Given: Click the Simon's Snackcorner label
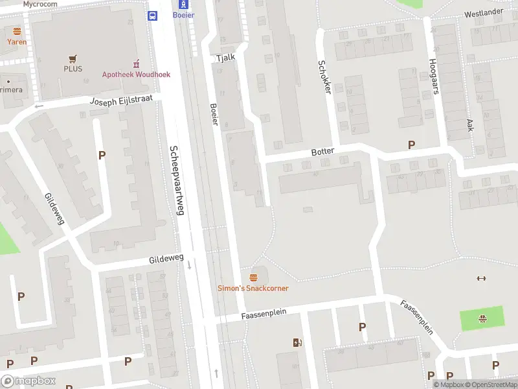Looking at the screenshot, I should (253, 289).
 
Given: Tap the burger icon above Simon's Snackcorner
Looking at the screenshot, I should (253, 277).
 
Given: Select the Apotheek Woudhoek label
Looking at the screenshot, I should (136, 75).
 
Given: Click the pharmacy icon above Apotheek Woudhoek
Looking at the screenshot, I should (136, 64).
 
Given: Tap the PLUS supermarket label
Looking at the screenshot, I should (73, 68).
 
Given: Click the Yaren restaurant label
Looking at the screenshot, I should (17, 41).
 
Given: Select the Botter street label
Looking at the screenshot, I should (322, 152).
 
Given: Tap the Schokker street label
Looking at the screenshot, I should (324, 77).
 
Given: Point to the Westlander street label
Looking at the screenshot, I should (483, 12).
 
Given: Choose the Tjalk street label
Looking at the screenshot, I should (225, 57).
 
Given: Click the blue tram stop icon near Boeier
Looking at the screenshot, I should (153, 16).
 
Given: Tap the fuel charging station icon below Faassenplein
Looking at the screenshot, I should (297, 342).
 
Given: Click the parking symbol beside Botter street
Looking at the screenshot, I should (411, 145).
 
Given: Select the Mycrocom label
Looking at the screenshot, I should (40, 4).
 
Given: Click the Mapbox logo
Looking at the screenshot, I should (28, 381).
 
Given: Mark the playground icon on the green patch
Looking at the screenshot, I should (482, 318).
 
